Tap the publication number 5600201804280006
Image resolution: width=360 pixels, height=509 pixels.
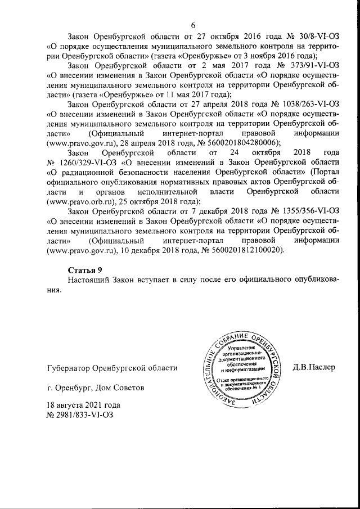click(x=241, y=143)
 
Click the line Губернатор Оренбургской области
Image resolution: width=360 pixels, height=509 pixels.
click(x=112, y=368)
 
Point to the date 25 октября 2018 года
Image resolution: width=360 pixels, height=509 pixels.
click(x=159, y=201)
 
